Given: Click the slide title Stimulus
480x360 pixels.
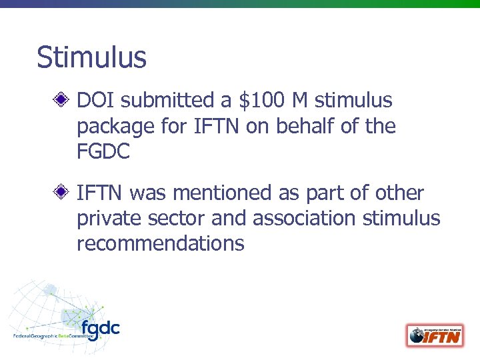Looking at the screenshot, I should click(91, 57).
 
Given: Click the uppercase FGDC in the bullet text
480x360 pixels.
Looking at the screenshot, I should click(103, 151).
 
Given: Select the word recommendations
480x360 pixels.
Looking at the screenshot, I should click(161, 243).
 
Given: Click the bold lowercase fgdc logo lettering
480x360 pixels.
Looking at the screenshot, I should click(101, 329).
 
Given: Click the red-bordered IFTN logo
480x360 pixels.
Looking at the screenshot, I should click(435, 335).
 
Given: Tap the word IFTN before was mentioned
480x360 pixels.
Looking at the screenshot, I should click(100, 193).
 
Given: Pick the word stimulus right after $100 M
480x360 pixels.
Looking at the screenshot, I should click(353, 101).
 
